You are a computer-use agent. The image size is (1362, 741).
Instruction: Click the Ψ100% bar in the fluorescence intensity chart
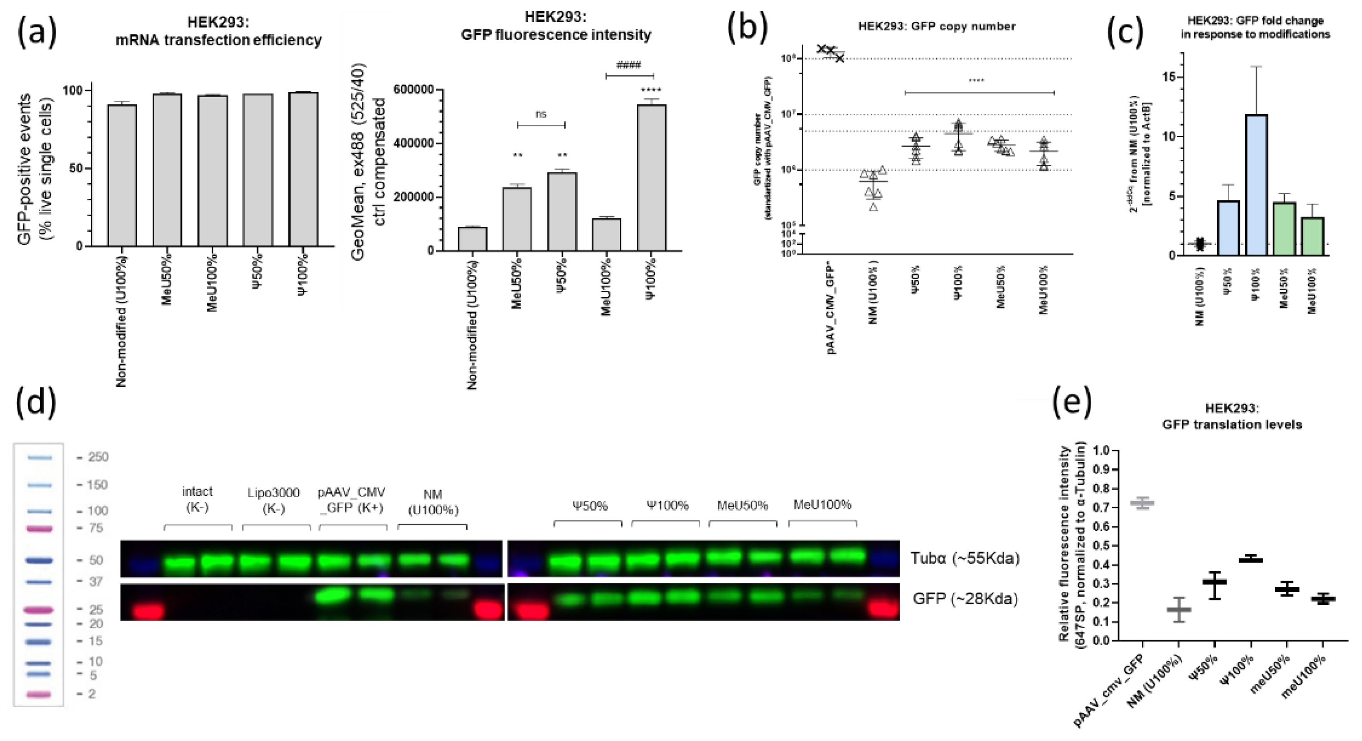pyautogui.click(x=652, y=178)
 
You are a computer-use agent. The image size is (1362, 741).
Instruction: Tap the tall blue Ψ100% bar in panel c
pyautogui.click(x=1257, y=185)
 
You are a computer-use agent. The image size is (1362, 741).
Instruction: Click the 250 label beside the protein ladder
pyautogui.click(x=98, y=457)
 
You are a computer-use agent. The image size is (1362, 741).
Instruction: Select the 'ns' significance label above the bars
pyautogui.click(x=541, y=114)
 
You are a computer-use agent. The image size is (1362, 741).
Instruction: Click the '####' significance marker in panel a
pyautogui.click(x=628, y=65)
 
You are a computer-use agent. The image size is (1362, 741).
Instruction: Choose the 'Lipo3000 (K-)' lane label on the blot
pyautogui.click(x=273, y=500)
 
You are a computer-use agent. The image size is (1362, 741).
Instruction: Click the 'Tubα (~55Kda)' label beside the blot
pyautogui.click(x=964, y=558)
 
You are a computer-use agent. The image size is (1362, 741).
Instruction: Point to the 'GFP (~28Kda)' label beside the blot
pyautogui.click(x=964, y=599)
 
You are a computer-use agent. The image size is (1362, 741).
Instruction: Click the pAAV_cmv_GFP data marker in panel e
pyautogui.click(x=1142, y=503)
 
